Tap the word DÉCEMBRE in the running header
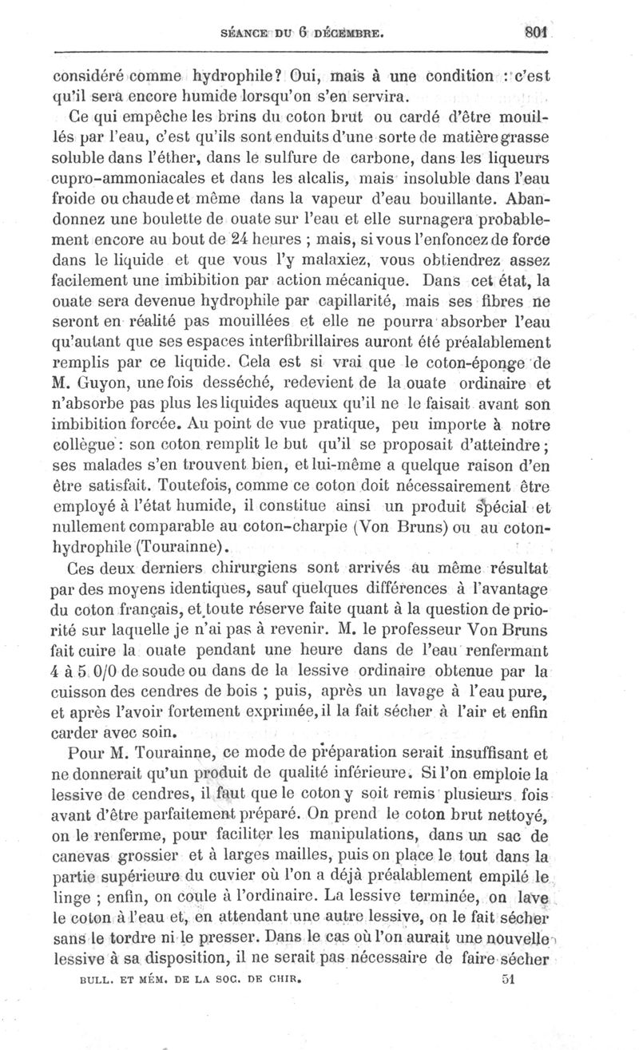click(352, 34)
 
